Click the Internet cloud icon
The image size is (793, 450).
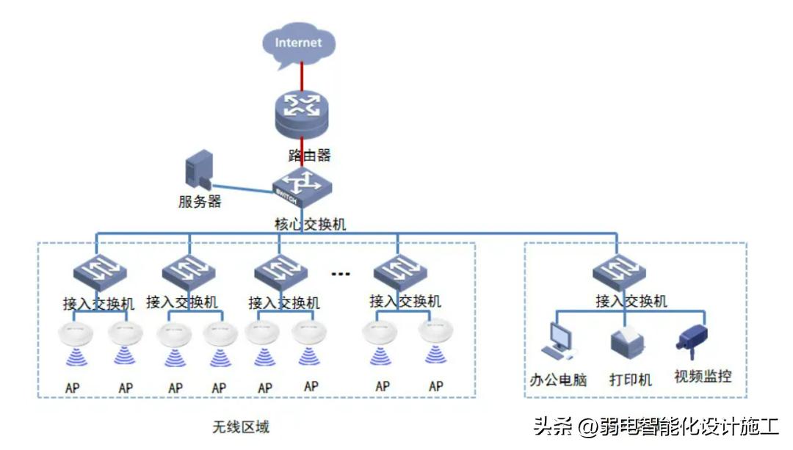click(298, 43)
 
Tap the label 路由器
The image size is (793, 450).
click(309, 155)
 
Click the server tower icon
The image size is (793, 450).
click(198, 171)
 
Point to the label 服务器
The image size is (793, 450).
click(199, 202)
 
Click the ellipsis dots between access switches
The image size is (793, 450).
click(340, 274)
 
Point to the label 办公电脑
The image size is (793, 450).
click(558, 380)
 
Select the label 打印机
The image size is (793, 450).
click(630, 380)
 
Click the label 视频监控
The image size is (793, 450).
click(703, 377)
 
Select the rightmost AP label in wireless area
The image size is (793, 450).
click(436, 386)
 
